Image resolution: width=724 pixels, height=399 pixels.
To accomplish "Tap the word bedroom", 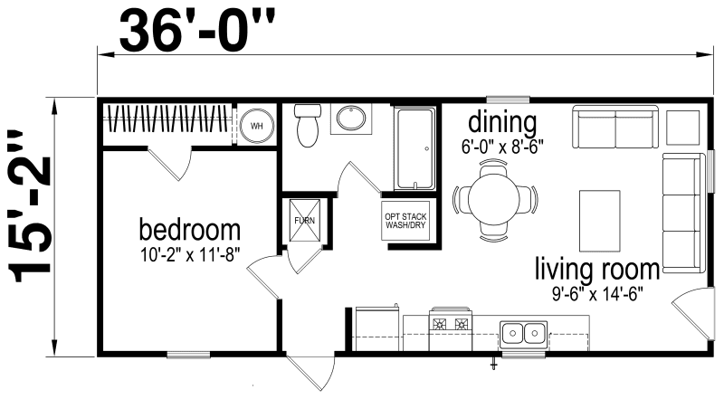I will (189, 226).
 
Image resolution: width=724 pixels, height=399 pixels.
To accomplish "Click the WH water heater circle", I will (256, 127).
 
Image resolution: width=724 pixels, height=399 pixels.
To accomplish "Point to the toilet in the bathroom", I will (308, 125).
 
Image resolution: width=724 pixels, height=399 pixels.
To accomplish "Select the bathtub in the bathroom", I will (415, 148).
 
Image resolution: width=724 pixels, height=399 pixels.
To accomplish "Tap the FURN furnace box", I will (301, 220).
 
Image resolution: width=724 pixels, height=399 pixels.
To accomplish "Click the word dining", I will (501, 121).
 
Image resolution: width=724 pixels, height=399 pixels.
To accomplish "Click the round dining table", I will (494, 200).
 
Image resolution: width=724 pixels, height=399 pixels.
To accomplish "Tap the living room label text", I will (595, 269).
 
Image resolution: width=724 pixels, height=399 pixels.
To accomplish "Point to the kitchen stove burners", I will (450, 323).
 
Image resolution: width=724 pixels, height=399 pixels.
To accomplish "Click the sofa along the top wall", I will (615, 129).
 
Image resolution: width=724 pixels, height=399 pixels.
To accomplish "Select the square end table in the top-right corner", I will (683, 128).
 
